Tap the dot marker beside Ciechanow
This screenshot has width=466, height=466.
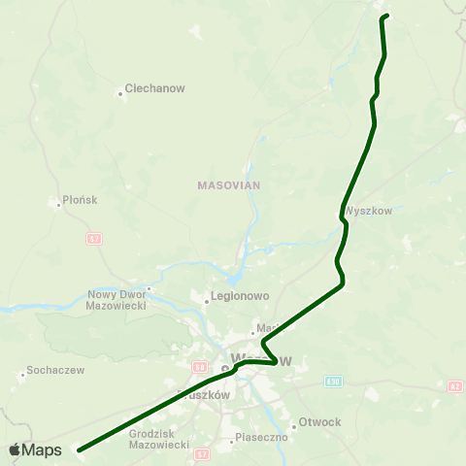pos(120,93)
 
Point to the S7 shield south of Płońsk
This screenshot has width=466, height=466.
pos(93,239)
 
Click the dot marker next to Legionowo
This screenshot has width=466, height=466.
pos(207,301)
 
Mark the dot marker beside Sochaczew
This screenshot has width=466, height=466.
pos(22,374)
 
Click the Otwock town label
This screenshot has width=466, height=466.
pos(320,422)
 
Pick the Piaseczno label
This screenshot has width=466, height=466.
pos(261,439)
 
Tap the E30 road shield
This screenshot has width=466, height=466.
pos(334,382)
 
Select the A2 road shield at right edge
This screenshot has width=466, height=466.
pos(455,386)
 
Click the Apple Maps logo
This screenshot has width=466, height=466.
pos(35,449)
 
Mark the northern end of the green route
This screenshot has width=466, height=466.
pos(386,16)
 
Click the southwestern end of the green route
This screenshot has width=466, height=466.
pos(79,449)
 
